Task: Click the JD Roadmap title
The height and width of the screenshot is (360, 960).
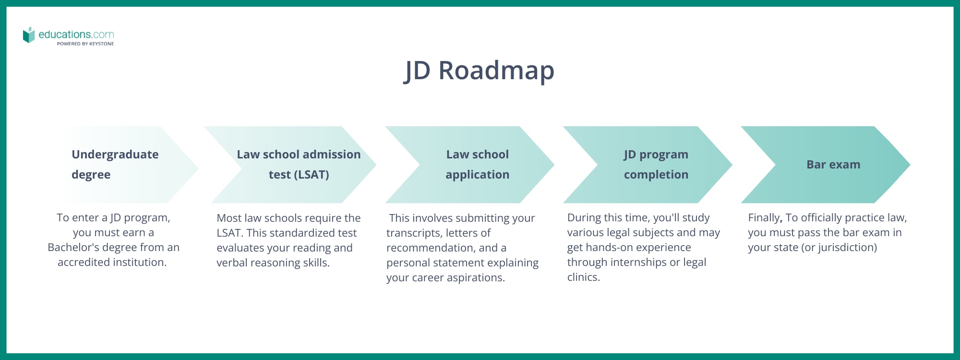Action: (480, 71)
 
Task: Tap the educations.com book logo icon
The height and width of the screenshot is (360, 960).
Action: (29, 35)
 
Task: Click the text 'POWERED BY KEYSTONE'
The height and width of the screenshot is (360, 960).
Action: (85, 44)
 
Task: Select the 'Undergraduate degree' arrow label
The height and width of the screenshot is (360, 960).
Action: (115, 164)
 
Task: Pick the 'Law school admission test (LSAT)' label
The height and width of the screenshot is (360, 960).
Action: (299, 164)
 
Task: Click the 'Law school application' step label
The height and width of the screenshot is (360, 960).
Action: (477, 164)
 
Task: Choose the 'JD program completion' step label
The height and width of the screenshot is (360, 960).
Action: (656, 164)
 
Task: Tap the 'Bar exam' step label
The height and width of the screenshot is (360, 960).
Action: (833, 165)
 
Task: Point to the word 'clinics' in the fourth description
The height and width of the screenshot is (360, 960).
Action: (583, 277)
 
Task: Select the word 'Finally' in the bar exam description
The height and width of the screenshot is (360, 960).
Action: (764, 218)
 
